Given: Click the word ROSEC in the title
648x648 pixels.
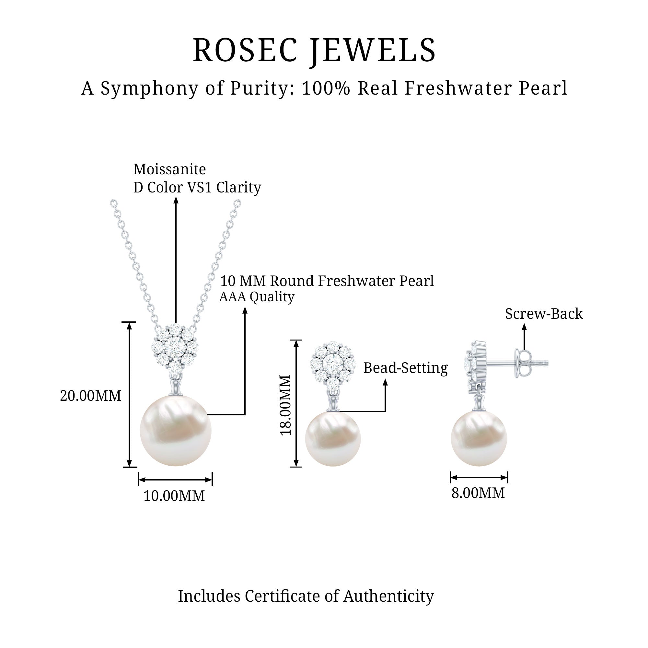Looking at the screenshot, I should [x=245, y=50].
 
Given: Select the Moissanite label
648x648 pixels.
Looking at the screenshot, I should [x=169, y=169].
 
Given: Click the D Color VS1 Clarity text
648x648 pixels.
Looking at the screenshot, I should [x=197, y=187].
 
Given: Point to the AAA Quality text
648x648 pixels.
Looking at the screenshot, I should [x=257, y=296].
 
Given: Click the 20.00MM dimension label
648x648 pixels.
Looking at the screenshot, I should [x=91, y=396].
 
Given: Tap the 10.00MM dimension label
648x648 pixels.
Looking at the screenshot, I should [x=174, y=496].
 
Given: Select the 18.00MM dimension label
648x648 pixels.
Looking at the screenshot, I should [x=285, y=405].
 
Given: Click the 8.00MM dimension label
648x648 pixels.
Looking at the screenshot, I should [x=478, y=493].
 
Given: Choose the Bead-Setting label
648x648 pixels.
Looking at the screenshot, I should [x=405, y=368].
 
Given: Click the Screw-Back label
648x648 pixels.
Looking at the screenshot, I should [x=544, y=314].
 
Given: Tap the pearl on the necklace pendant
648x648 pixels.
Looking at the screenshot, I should [x=175, y=431].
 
